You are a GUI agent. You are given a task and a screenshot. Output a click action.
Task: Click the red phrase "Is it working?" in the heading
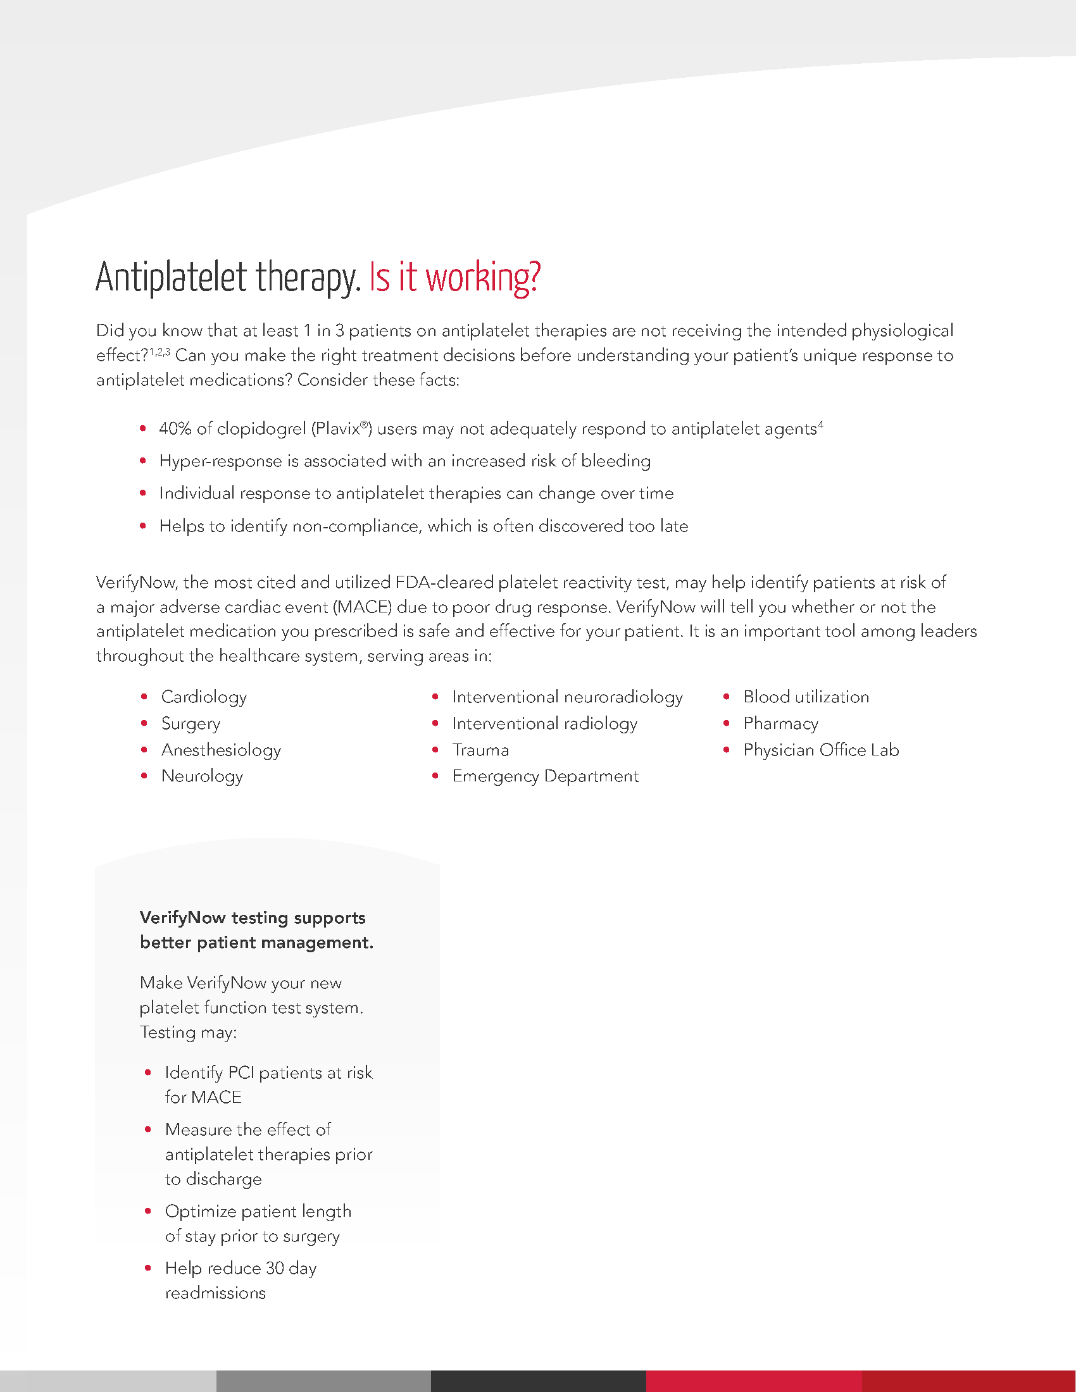(x=454, y=278)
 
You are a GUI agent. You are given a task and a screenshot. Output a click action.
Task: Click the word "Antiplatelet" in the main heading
(x=171, y=278)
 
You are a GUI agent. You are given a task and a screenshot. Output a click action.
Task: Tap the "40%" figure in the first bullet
(x=175, y=429)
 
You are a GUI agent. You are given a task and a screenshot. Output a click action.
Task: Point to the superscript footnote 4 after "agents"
(x=821, y=424)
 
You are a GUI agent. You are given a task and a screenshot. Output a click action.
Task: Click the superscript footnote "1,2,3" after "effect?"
(x=160, y=351)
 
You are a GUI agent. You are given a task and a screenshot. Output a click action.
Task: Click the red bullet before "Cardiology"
(x=144, y=697)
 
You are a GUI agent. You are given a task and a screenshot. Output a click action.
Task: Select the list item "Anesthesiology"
(x=220, y=750)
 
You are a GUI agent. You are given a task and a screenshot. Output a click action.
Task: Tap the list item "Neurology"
(x=202, y=776)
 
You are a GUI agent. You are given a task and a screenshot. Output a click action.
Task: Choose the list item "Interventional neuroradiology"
(x=566, y=697)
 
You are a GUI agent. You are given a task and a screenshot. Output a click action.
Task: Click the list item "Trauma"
(x=480, y=750)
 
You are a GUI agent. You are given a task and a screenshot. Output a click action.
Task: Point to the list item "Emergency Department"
(x=545, y=776)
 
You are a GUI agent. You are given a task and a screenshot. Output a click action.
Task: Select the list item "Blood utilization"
(x=806, y=697)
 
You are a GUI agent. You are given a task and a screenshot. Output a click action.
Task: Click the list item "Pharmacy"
(x=780, y=723)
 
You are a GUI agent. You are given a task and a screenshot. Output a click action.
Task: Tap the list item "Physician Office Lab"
(x=820, y=750)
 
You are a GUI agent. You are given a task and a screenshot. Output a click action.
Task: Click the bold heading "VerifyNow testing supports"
(x=253, y=918)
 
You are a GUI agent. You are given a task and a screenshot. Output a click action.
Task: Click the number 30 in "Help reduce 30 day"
(x=275, y=1269)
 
